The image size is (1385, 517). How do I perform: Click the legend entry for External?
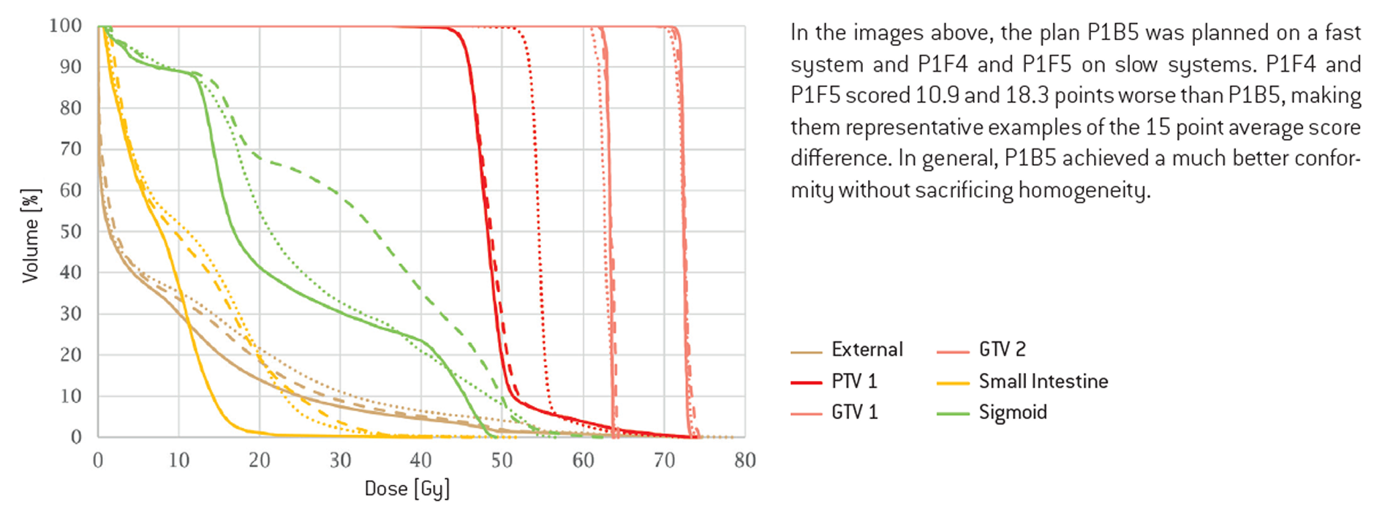click(x=867, y=350)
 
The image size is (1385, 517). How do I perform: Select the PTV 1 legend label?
click(x=853, y=381)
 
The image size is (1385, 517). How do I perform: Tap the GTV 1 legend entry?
click(x=854, y=412)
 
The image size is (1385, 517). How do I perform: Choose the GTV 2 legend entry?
click(x=1002, y=350)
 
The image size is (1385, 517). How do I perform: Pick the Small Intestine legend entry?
click(x=1043, y=381)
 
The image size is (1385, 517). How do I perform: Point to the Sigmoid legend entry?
click(x=1013, y=412)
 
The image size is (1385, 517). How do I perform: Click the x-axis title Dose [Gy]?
click(x=407, y=488)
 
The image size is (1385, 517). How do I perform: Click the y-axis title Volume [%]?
click(x=31, y=235)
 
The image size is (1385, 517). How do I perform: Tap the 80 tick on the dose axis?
click(x=744, y=460)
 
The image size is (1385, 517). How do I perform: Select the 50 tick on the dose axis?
click(x=502, y=460)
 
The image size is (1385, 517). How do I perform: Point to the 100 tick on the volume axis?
click(x=65, y=26)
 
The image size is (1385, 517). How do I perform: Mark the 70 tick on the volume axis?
click(x=71, y=149)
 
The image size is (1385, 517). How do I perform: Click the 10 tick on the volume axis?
click(x=71, y=396)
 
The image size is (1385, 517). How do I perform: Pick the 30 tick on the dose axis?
click(x=340, y=460)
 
